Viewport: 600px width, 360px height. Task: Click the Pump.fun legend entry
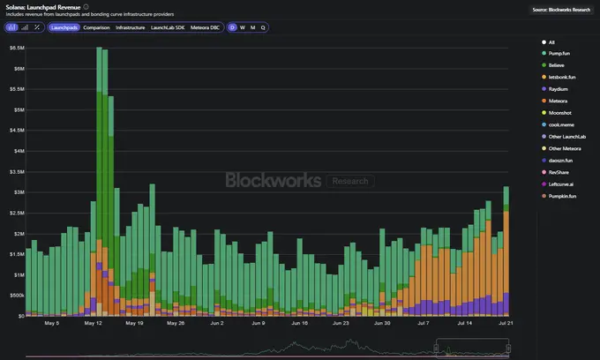[561, 53]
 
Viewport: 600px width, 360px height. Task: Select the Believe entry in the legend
[559, 65]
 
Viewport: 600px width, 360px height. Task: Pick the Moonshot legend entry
[561, 112]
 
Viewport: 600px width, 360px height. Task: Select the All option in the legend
[551, 41]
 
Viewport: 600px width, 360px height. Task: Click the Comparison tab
[96, 27]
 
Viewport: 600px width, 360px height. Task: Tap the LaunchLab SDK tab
[169, 27]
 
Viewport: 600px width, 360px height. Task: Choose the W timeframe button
[243, 27]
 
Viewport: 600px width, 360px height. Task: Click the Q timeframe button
[263, 27]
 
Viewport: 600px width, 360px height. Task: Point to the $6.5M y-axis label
[17, 48]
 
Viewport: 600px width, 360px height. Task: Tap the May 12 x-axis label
[94, 323]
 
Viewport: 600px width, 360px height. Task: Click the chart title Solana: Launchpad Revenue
[41, 7]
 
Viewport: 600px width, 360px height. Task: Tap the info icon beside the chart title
[86, 7]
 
